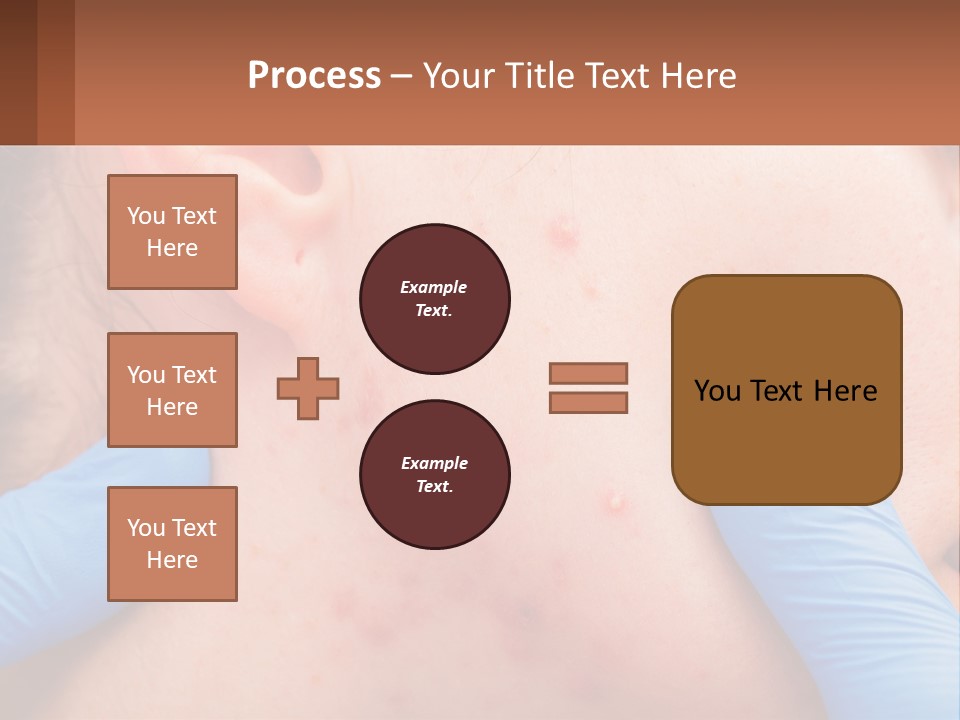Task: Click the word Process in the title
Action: tap(314, 76)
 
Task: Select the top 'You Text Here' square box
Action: tap(172, 232)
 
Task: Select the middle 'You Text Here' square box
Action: tap(172, 390)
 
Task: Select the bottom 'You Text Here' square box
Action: tap(172, 544)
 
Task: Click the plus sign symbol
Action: tap(308, 388)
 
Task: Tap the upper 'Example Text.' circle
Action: tap(434, 299)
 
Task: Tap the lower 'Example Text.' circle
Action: tap(434, 475)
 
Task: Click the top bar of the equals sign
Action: tap(588, 373)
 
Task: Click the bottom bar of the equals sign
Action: tap(588, 403)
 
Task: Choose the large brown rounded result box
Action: tap(786, 390)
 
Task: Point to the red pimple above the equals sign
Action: tap(563, 234)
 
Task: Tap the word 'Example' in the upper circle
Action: tap(434, 287)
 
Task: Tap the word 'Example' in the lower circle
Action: tap(434, 463)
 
